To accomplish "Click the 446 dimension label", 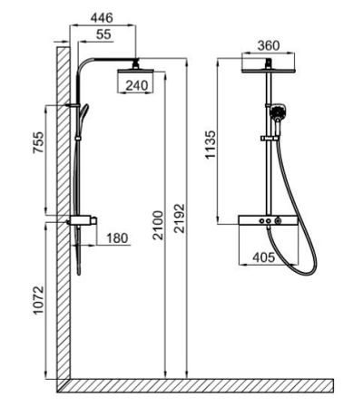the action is [102, 18].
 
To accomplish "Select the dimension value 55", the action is [103, 34].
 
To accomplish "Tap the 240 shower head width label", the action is [137, 85].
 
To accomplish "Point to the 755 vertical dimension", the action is [38, 142].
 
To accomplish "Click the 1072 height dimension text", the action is [38, 300].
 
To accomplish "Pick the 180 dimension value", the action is [117, 238].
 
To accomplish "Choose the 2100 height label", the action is [158, 225].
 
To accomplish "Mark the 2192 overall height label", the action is [180, 218].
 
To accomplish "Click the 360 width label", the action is [269, 45].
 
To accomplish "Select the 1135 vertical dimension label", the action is [211, 144].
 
